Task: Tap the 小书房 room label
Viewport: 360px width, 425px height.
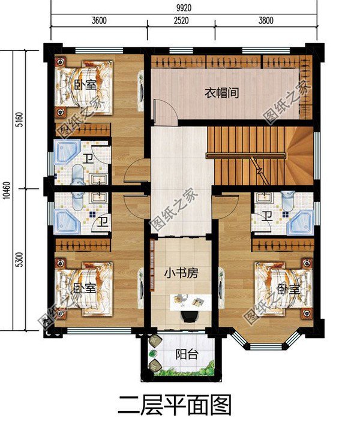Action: pos(181,273)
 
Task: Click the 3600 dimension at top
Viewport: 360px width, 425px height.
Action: pos(99,20)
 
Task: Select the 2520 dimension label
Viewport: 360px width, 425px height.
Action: pos(181,20)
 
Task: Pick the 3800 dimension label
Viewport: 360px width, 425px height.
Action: pos(266,20)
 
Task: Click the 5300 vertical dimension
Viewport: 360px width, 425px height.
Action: pos(20,260)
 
